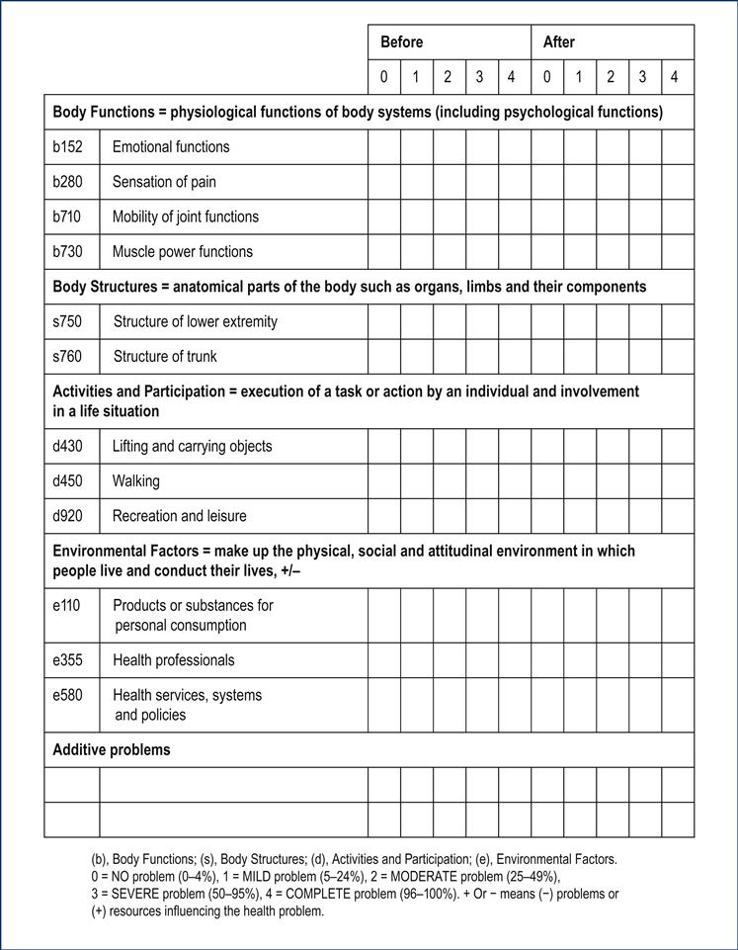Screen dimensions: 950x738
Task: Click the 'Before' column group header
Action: (x=401, y=43)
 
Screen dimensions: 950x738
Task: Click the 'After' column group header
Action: (x=558, y=43)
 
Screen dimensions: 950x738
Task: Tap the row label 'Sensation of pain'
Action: (x=164, y=182)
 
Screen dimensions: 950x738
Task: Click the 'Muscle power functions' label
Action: (x=182, y=251)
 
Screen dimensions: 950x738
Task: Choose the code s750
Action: (x=67, y=321)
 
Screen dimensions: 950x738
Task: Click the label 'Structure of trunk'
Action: (x=165, y=356)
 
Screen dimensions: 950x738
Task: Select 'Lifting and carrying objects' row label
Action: (x=192, y=446)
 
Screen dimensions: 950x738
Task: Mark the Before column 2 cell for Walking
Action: (x=450, y=481)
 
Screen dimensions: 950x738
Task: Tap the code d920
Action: (x=67, y=516)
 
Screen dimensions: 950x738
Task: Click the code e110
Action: (x=66, y=605)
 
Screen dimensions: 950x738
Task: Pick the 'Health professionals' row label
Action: (x=173, y=659)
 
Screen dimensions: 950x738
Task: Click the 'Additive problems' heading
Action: (x=111, y=749)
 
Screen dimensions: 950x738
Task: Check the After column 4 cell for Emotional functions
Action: (x=677, y=147)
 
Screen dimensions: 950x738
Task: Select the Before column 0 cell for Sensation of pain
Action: (x=384, y=182)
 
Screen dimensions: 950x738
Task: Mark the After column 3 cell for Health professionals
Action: (x=644, y=659)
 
